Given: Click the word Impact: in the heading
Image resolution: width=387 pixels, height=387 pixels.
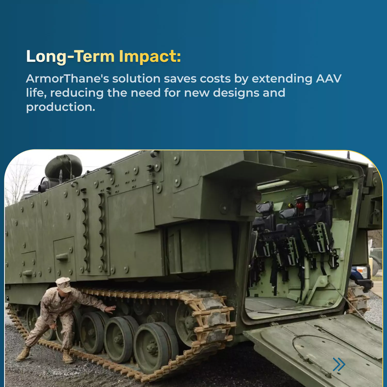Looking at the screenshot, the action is click(150, 57).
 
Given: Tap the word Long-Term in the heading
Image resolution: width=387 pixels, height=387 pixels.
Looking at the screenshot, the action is click(70, 57).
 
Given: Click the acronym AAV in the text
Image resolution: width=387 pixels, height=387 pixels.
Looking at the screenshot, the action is click(329, 78).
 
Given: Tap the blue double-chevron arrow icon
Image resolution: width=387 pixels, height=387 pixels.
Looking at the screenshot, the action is click(339, 364).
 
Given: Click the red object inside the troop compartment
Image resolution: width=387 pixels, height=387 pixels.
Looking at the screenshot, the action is click(300, 205).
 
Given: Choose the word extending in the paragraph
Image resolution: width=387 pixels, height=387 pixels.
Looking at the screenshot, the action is click(282, 79).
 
